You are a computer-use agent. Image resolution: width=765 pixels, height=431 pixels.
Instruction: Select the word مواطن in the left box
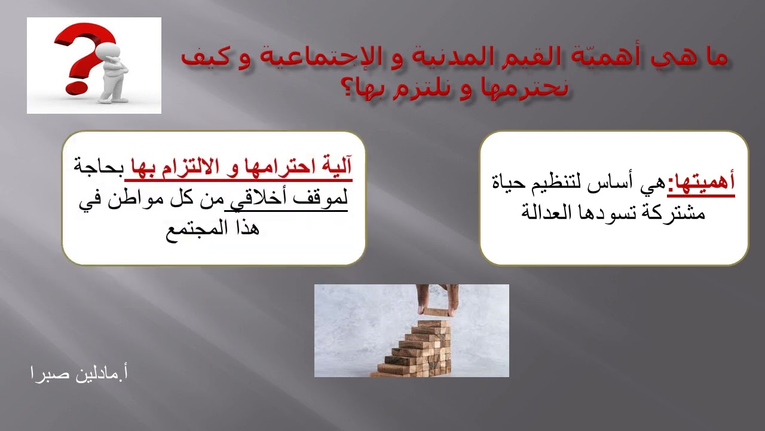(142, 198)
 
